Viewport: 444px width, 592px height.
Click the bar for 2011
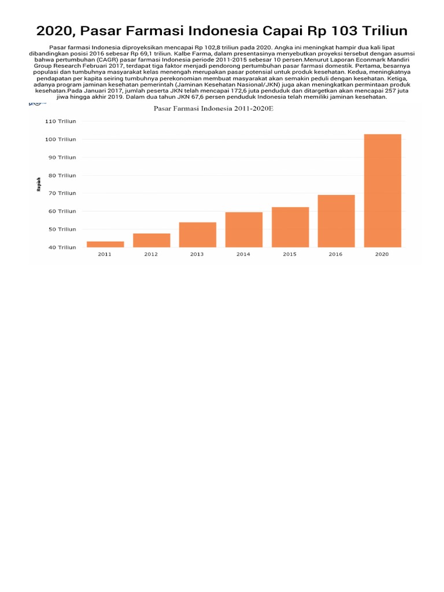(x=105, y=244)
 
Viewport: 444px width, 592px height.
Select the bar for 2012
(x=151, y=240)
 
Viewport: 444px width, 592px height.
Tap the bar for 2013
(x=198, y=235)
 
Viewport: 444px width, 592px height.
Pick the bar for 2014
(x=244, y=230)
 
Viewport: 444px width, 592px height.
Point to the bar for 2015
(x=290, y=227)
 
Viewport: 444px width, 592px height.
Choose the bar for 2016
(x=336, y=221)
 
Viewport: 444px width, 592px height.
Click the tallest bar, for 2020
(x=383, y=191)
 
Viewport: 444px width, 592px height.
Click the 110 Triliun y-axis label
(x=62, y=121)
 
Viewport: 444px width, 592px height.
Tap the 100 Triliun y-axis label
(x=62, y=139)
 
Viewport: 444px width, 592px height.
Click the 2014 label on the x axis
(x=243, y=254)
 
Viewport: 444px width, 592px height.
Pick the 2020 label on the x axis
(x=382, y=254)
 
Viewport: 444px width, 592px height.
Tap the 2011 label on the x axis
(x=105, y=254)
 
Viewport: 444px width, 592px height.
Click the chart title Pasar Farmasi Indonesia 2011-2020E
(x=213, y=109)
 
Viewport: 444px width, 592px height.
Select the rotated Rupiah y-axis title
(x=39, y=184)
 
